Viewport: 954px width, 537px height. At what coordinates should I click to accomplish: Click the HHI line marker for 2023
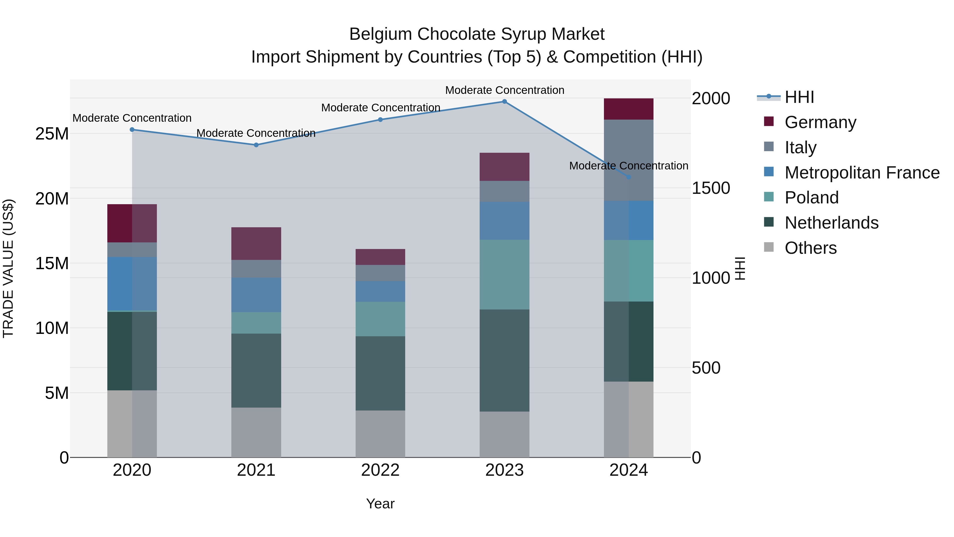[504, 102]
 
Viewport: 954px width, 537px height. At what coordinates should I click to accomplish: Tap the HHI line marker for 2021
[256, 145]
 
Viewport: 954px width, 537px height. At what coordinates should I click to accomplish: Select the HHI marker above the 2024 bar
[629, 177]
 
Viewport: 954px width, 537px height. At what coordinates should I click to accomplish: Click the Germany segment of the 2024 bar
[629, 109]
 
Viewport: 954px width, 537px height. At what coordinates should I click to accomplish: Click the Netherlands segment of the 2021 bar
[256, 371]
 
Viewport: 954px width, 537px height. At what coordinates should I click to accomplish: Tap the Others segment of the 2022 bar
[380, 434]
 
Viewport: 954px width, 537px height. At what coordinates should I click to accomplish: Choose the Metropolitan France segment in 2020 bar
[132, 283]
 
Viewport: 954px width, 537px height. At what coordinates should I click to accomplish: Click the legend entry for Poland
[811, 198]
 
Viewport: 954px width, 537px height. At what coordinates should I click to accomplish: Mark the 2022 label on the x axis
[380, 470]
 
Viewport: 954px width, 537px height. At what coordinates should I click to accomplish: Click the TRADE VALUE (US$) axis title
[8, 268]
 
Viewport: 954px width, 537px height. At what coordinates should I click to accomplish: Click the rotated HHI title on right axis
[740, 268]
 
